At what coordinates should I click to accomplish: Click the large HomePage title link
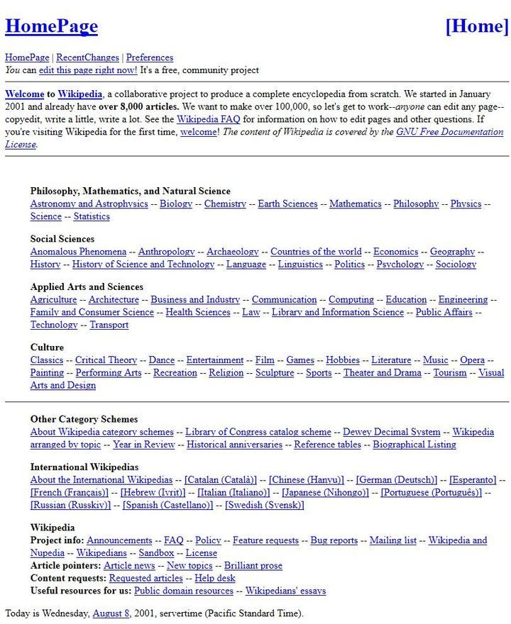[x=51, y=26]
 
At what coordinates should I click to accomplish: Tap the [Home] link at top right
[x=477, y=26]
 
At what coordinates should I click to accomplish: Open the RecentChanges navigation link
[x=88, y=57]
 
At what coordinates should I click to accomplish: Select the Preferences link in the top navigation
[x=150, y=57]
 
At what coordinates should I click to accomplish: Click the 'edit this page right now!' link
[x=88, y=70]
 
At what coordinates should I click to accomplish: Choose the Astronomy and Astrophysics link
[x=89, y=204]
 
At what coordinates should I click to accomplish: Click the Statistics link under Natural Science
[x=92, y=216]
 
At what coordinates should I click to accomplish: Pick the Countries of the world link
[x=316, y=252]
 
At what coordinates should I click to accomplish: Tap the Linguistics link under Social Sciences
[x=300, y=264]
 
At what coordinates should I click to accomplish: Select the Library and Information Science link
[x=338, y=312]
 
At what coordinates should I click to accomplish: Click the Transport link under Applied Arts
[x=109, y=325]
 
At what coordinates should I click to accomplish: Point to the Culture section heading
[x=47, y=347]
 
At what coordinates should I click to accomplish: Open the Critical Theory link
[x=106, y=360]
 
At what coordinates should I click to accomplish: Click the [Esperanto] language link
[x=473, y=480]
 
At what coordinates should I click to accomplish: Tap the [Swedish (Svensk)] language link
[x=265, y=505]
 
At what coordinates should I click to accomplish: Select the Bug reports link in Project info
[x=334, y=540]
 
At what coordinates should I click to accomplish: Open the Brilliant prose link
[x=253, y=566]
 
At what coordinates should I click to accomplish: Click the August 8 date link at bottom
[x=111, y=613]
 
